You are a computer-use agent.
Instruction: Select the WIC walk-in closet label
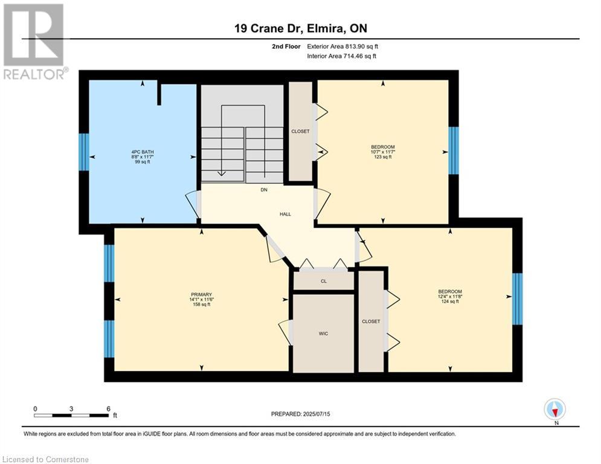323,333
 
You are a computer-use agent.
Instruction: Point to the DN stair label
263,190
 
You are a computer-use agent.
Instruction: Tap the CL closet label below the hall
324,281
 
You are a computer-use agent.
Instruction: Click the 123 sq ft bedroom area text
382,157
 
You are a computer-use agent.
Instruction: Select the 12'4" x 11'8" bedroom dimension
449,296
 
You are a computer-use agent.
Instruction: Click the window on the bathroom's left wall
84,152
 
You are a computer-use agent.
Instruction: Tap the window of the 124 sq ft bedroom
517,298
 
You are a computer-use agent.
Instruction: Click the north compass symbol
554,410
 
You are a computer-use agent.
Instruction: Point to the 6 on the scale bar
108,408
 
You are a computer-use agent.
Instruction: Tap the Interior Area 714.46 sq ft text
341,56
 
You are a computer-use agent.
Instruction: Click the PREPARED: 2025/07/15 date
300,414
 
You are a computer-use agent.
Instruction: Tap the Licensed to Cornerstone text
46,460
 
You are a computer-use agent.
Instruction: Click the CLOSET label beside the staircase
300,131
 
